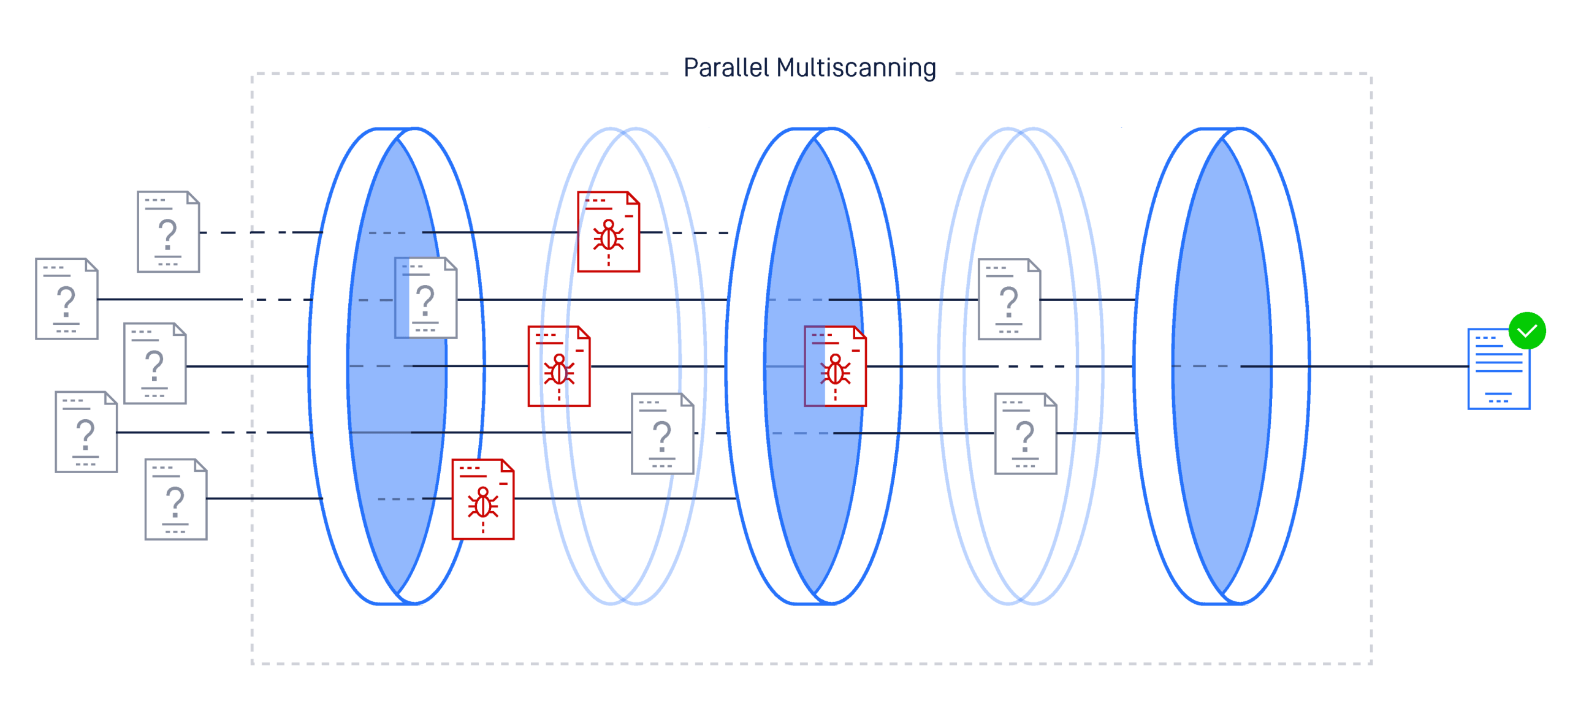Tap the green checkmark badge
pyautogui.click(x=1526, y=330)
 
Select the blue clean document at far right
pyautogui.click(x=1498, y=370)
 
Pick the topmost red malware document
pyautogui.click(x=608, y=232)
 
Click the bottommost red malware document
pyautogui.click(x=482, y=499)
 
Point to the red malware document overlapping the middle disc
pyautogui.click(x=835, y=367)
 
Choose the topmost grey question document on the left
pyautogui.click(x=168, y=232)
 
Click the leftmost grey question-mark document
pyautogui.click(x=67, y=299)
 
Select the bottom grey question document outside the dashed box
pyautogui.click(x=176, y=499)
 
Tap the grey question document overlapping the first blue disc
pyautogui.click(x=425, y=298)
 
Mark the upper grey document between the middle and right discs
pyautogui.click(x=1009, y=299)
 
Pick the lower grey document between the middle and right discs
pyautogui.click(x=1025, y=433)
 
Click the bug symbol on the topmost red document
pyautogui.click(x=608, y=237)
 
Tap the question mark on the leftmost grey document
pyautogui.click(x=66, y=301)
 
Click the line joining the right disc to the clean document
pyautogui.click(x=1388, y=367)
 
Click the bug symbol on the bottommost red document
pyautogui.click(x=482, y=504)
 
